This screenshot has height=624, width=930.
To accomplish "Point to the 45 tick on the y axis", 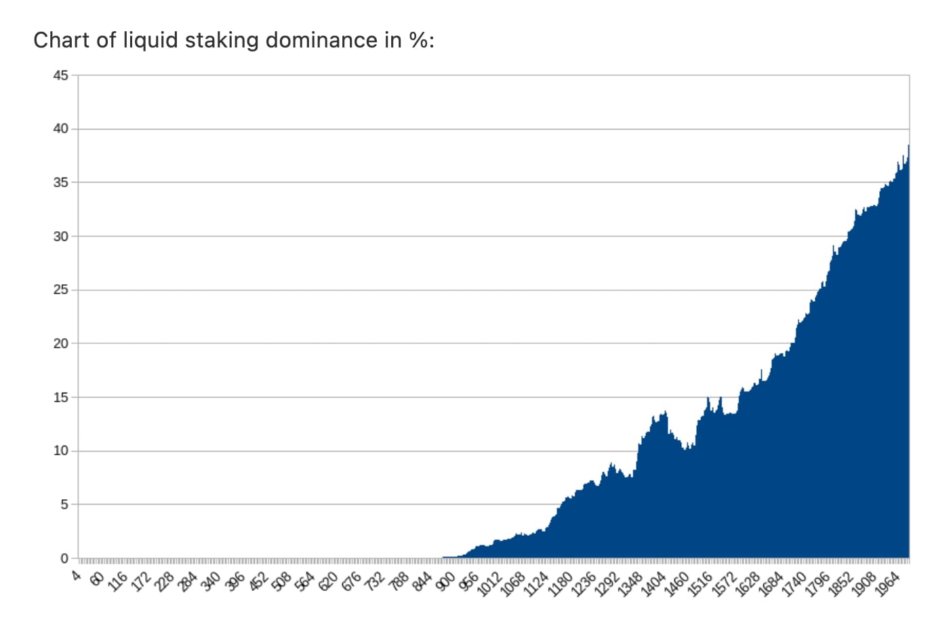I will pyautogui.click(x=61, y=75).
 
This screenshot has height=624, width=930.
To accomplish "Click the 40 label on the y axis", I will pyautogui.click(x=61, y=129).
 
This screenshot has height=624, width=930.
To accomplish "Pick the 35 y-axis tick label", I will pyautogui.click(x=61, y=182).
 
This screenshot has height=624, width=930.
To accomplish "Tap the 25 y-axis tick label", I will pyautogui.click(x=61, y=290).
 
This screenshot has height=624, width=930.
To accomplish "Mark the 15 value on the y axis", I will pyautogui.click(x=61, y=397).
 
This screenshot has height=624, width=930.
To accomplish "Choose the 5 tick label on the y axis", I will pyautogui.click(x=64, y=505).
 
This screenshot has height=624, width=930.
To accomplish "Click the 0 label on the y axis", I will pyautogui.click(x=64, y=558).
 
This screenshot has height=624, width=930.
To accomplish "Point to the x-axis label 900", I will pyautogui.click(x=447, y=581).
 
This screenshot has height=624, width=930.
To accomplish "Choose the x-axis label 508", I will pyautogui.click(x=283, y=581).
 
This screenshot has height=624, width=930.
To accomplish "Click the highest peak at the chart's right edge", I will pyautogui.click(x=908, y=146).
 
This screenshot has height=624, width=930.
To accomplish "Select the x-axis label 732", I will pyautogui.click(x=376, y=581).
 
